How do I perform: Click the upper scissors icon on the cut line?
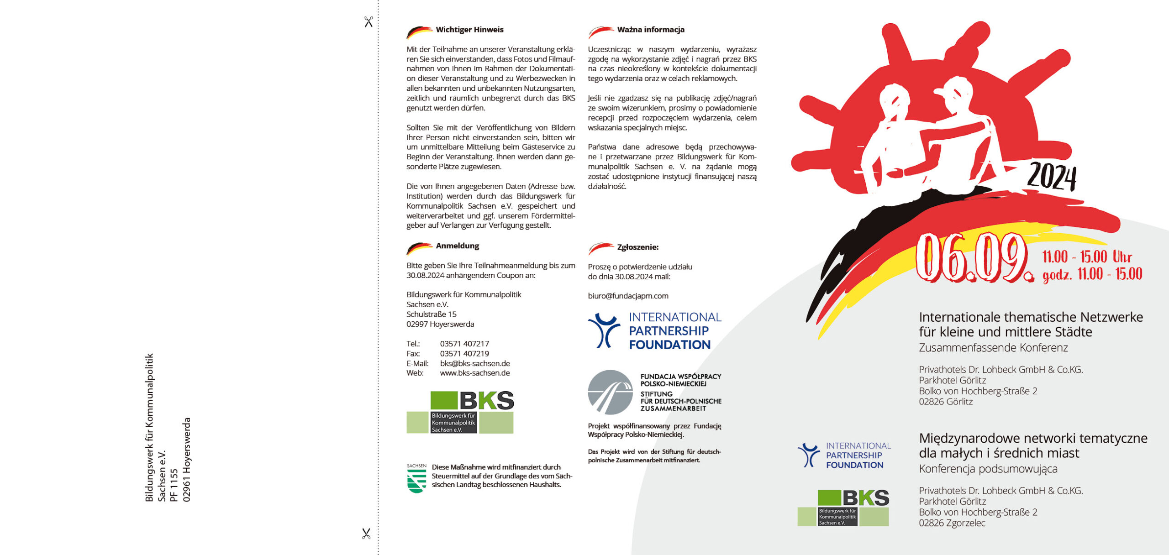[x=369, y=22]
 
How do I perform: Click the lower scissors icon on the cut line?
[x=366, y=534]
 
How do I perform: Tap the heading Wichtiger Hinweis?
[x=469, y=30]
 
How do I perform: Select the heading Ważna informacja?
[x=650, y=30]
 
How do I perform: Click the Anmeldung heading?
[x=457, y=246]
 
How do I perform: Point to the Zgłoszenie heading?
[x=637, y=247]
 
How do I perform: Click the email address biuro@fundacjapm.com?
[x=628, y=296]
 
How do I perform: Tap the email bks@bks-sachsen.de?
[x=475, y=363]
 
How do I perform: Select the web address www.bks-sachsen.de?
[x=475, y=373]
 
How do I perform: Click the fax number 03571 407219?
[x=464, y=354]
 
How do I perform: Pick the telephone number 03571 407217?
[x=464, y=344]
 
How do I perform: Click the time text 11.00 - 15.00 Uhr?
[x=1087, y=257]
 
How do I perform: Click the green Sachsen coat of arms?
[x=416, y=479]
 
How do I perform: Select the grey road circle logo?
[x=610, y=393]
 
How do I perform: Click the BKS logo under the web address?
[x=460, y=412]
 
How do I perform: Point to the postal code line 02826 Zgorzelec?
[x=952, y=523]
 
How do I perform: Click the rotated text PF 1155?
[x=174, y=485]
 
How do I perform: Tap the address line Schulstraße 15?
[x=432, y=314]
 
